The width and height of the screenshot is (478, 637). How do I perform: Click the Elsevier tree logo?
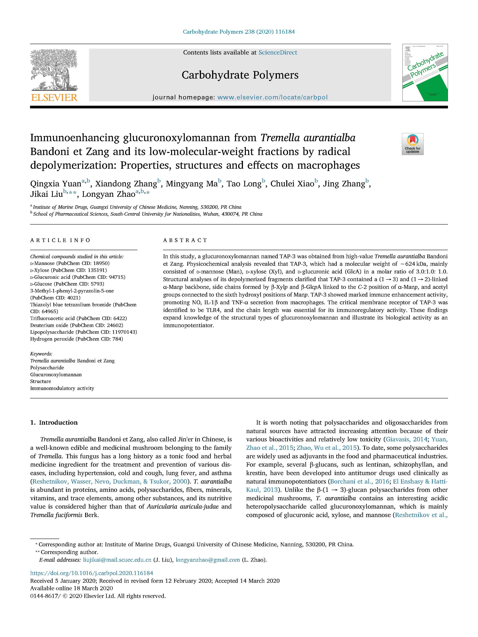(54, 70)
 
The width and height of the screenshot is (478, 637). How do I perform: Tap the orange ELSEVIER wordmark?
(54, 98)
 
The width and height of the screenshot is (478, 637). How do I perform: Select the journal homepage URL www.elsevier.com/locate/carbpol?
(272, 97)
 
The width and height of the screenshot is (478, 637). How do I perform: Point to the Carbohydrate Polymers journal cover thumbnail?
(425, 73)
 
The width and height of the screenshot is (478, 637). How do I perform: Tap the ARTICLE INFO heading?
(60, 240)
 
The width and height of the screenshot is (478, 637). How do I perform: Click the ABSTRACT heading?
(185, 240)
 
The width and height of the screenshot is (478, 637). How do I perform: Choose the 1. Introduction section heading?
(54, 422)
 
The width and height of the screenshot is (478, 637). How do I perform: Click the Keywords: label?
(41, 354)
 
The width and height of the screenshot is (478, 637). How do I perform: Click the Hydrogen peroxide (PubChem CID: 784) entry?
(76, 339)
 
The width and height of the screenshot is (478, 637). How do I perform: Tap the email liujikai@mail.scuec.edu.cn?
(117, 560)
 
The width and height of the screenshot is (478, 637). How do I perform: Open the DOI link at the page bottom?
(92, 573)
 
